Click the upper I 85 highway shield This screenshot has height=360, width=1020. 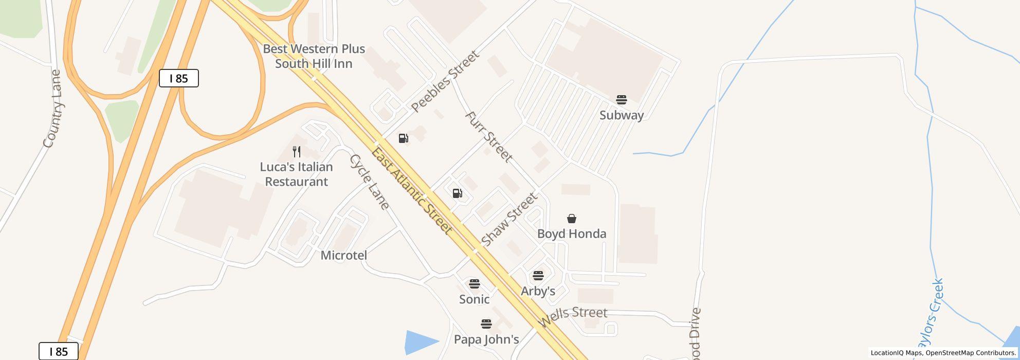click(x=178, y=78)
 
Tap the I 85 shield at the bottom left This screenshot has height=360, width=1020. click(x=59, y=352)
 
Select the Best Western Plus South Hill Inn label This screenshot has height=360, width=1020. click(x=314, y=56)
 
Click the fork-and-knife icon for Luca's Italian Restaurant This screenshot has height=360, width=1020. click(x=297, y=152)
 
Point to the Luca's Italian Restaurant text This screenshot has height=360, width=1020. click(x=296, y=174)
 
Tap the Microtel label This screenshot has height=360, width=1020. click(x=343, y=255)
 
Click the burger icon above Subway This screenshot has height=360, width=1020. click(x=622, y=100)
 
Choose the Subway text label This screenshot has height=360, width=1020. click(x=622, y=115)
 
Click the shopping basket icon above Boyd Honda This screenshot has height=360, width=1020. click(x=572, y=219)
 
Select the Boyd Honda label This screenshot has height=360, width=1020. click(x=572, y=234)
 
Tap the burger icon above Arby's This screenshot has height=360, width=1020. click(x=538, y=276)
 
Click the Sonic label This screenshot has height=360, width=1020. click(x=474, y=299)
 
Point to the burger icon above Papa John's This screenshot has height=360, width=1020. click(x=486, y=324)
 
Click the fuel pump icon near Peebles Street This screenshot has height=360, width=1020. click(x=404, y=138)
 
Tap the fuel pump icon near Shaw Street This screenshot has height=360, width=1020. click(x=458, y=193)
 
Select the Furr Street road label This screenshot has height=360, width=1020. click(x=488, y=137)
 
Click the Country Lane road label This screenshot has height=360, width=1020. click(x=53, y=109)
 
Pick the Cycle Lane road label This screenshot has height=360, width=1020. click(x=369, y=182)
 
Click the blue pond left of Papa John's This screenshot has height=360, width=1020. click(x=419, y=342)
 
